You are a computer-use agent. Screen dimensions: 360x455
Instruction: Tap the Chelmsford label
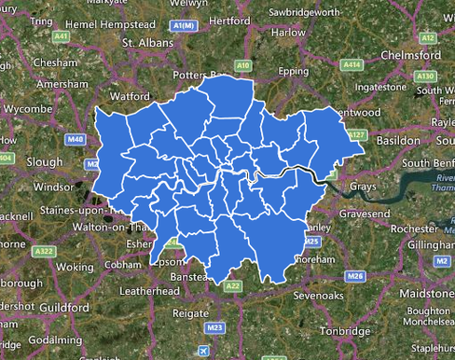pos(410,55)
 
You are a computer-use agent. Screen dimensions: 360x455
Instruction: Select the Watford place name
pos(130,96)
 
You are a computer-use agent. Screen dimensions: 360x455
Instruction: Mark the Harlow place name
pos(288,32)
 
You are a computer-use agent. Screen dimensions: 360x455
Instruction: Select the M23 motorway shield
pos(214,328)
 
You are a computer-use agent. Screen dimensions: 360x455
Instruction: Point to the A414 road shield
pos(352,65)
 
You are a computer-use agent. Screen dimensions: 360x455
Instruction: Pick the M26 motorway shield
pos(354,276)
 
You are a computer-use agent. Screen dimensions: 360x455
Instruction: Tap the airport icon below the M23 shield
pos(204,351)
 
